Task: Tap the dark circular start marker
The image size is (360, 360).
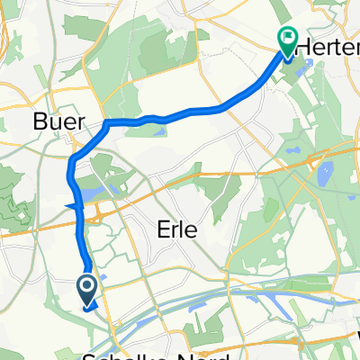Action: (87, 289)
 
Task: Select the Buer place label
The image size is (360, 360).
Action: (53, 121)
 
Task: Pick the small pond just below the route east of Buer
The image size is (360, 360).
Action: (160, 131)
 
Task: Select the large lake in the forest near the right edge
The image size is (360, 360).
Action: (324, 171)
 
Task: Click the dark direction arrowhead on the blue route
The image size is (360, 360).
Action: (73, 209)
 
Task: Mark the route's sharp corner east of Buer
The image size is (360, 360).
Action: (106, 121)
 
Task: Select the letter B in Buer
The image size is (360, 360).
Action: (38, 121)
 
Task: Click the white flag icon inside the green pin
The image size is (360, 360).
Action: (288, 39)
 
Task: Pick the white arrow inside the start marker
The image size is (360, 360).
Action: (87, 289)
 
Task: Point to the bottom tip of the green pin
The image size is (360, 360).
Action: (288, 58)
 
